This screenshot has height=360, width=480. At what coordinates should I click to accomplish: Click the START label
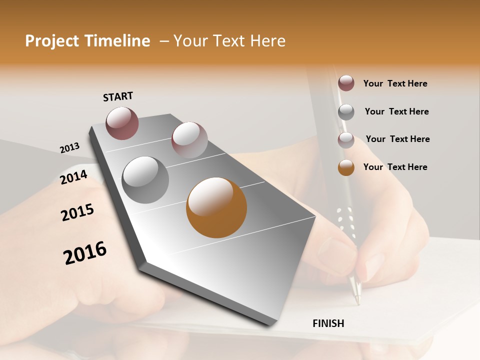pyautogui.click(x=118, y=96)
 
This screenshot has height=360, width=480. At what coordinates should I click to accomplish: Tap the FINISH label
pyautogui.click(x=328, y=323)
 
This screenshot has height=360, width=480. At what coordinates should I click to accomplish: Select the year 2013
pyautogui.click(x=69, y=147)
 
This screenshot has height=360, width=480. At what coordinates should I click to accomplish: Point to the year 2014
pyautogui.click(x=73, y=177)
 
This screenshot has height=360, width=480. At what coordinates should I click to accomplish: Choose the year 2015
pyautogui.click(x=77, y=212)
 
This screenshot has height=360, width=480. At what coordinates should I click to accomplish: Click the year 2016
pyautogui.click(x=85, y=253)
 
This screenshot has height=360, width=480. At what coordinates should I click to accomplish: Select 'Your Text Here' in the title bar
pyautogui.click(x=229, y=41)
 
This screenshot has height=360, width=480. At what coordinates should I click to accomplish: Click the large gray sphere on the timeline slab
pyautogui.click(x=145, y=180)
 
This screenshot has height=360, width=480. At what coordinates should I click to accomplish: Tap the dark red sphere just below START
pyautogui.click(x=122, y=123)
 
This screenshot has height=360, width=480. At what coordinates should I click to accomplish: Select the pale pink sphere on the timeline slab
pyautogui.click(x=189, y=139)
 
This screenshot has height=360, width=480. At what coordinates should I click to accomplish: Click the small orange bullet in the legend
pyautogui.click(x=346, y=167)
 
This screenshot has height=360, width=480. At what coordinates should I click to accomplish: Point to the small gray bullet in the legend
pyautogui.click(x=346, y=112)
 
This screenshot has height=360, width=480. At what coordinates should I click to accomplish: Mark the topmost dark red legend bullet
pyautogui.click(x=346, y=83)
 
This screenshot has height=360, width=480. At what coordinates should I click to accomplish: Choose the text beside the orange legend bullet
pyautogui.click(x=395, y=167)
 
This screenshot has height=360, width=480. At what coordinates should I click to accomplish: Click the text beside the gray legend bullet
pyautogui.click(x=396, y=111)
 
